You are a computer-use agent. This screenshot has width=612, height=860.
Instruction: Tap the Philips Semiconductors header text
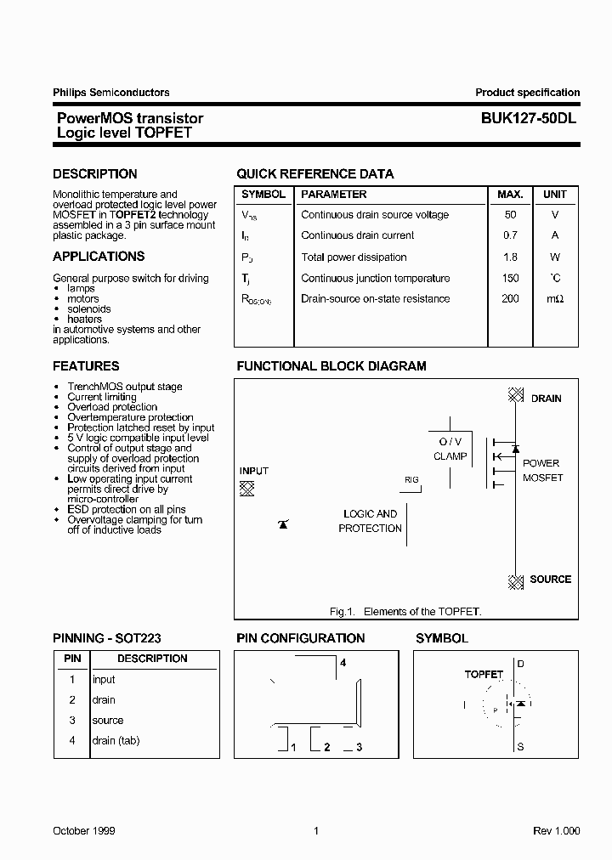coord(110,93)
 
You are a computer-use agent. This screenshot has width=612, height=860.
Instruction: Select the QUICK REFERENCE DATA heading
coord(314,174)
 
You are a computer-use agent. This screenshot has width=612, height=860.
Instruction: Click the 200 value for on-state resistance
coord(510,299)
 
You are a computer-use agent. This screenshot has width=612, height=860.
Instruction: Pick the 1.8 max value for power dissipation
coord(510,257)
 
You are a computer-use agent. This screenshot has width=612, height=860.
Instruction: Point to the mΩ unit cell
coord(555,299)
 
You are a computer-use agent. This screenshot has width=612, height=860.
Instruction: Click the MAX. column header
coord(510,195)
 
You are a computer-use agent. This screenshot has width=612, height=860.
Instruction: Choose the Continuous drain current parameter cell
coord(357,236)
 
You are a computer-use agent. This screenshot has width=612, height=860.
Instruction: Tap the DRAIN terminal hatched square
coord(515,394)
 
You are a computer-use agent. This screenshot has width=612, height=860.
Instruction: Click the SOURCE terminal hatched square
coord(515,582)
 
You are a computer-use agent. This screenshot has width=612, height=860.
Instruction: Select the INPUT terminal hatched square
coord(246,488)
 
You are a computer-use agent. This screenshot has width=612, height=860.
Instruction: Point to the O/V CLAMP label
coord(450,450)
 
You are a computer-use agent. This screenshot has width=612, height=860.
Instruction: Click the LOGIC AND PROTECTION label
coord(370,521)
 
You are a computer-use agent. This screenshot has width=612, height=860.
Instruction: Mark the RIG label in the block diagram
coord(411,480)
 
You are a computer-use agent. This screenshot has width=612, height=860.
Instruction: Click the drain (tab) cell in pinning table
coord(116,741)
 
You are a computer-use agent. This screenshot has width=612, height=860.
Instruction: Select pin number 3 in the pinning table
coord(72,721)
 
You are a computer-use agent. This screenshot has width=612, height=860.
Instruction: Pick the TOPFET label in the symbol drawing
coord(484,674)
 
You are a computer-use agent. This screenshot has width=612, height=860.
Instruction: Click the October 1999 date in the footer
coord(84,831)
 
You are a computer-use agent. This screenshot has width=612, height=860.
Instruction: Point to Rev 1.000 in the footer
coord(557,831)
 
